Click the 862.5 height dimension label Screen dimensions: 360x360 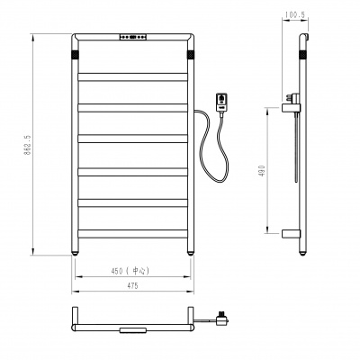click(27, 145)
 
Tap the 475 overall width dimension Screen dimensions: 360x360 click(132, 286)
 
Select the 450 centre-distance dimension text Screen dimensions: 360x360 click(117, 271)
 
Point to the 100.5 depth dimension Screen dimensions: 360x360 click(295, 14)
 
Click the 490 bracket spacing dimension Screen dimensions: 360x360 click(263, 170)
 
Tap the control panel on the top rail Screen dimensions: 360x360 click(133, 37)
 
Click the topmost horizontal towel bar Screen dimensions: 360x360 click(132, 76)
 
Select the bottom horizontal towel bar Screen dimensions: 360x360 click(132, 234)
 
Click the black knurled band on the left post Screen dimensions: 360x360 click(75, 55)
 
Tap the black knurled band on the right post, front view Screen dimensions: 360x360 click(191, 55)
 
